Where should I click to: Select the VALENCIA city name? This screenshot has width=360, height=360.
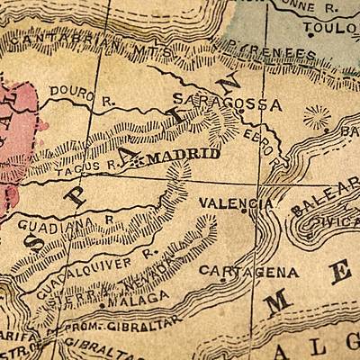click(236, 203)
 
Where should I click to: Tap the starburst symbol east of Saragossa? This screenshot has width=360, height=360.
click(317, 118)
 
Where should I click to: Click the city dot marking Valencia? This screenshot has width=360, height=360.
click(247, 214)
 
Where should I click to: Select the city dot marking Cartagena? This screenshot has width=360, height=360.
click(223, 280)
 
